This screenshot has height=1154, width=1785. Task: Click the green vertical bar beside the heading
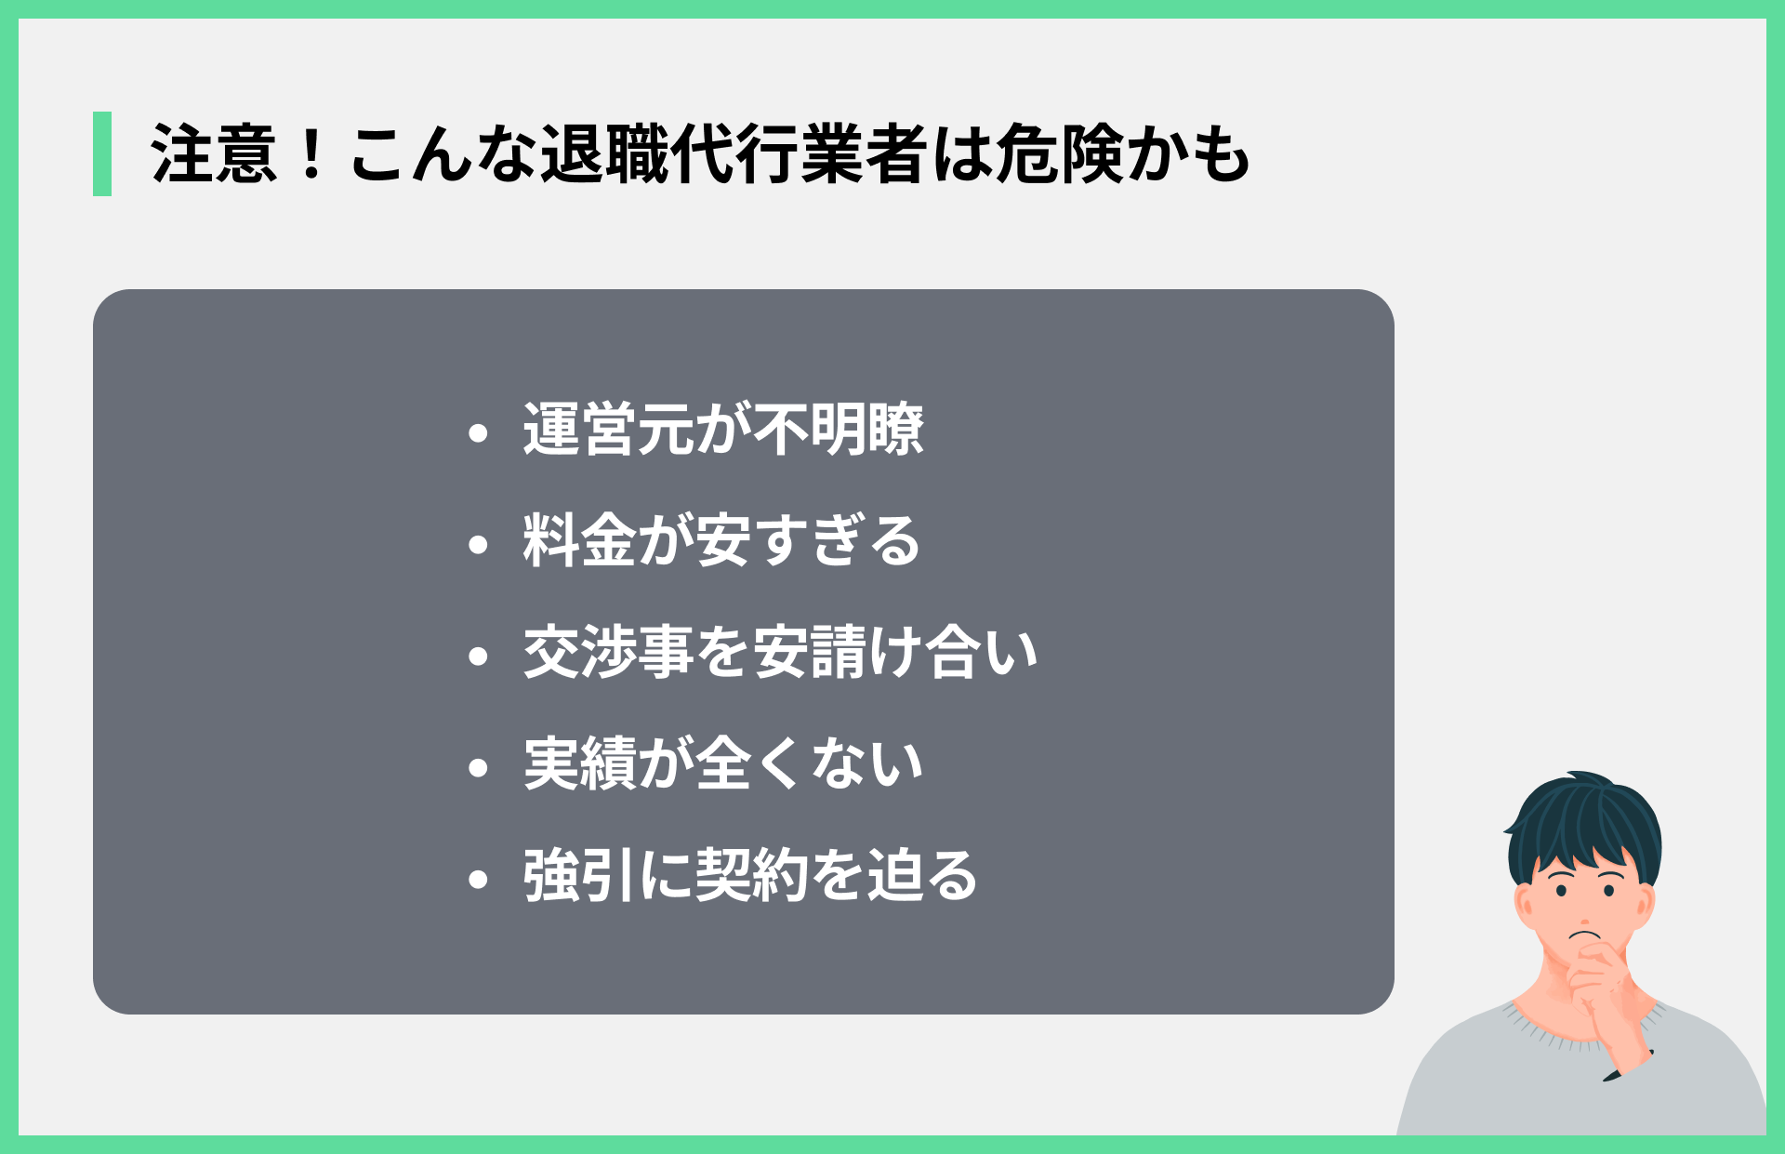tap(102, 153)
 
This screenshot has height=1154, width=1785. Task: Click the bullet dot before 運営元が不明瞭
tap(479, 432)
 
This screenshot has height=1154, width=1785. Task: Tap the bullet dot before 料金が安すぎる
tap(479, 544)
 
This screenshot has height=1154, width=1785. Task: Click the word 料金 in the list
tap(579, 541)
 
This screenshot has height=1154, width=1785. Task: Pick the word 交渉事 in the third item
tap(608, 653)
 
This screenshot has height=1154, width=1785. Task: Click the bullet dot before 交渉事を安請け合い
tap(479, 657)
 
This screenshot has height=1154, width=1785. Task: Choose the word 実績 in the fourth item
tap(579, 764)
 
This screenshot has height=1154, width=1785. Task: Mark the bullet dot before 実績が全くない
tap(479, 768)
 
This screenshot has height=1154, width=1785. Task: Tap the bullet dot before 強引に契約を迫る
tap(479, 880)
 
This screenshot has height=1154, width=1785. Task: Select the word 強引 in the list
tap(579, 876)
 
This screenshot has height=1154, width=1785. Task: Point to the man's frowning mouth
tap(1585, 934)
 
